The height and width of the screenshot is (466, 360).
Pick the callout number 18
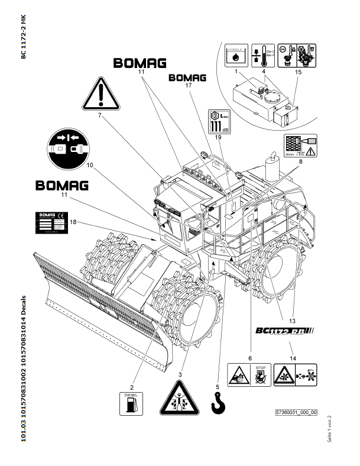[73, 222]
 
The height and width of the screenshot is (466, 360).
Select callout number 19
[218, 137]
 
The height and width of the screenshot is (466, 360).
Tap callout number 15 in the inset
[297, 72]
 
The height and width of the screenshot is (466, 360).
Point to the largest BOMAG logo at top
[140, 63]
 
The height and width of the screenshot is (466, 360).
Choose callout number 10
[90, 166]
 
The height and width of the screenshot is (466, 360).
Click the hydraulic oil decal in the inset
[237, 55]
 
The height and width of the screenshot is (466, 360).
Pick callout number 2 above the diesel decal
[132, 371]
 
